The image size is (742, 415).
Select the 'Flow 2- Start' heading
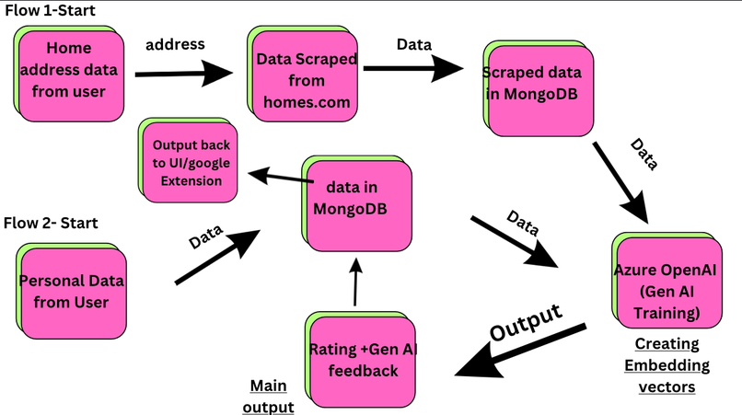[x=50, y=222]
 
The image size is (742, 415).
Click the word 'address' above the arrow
[x=175, y=43]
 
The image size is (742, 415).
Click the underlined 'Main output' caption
[x=270, y=395]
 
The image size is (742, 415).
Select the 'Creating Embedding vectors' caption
[x=666, y=366]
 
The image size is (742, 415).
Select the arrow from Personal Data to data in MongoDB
[x=216, y=258]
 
